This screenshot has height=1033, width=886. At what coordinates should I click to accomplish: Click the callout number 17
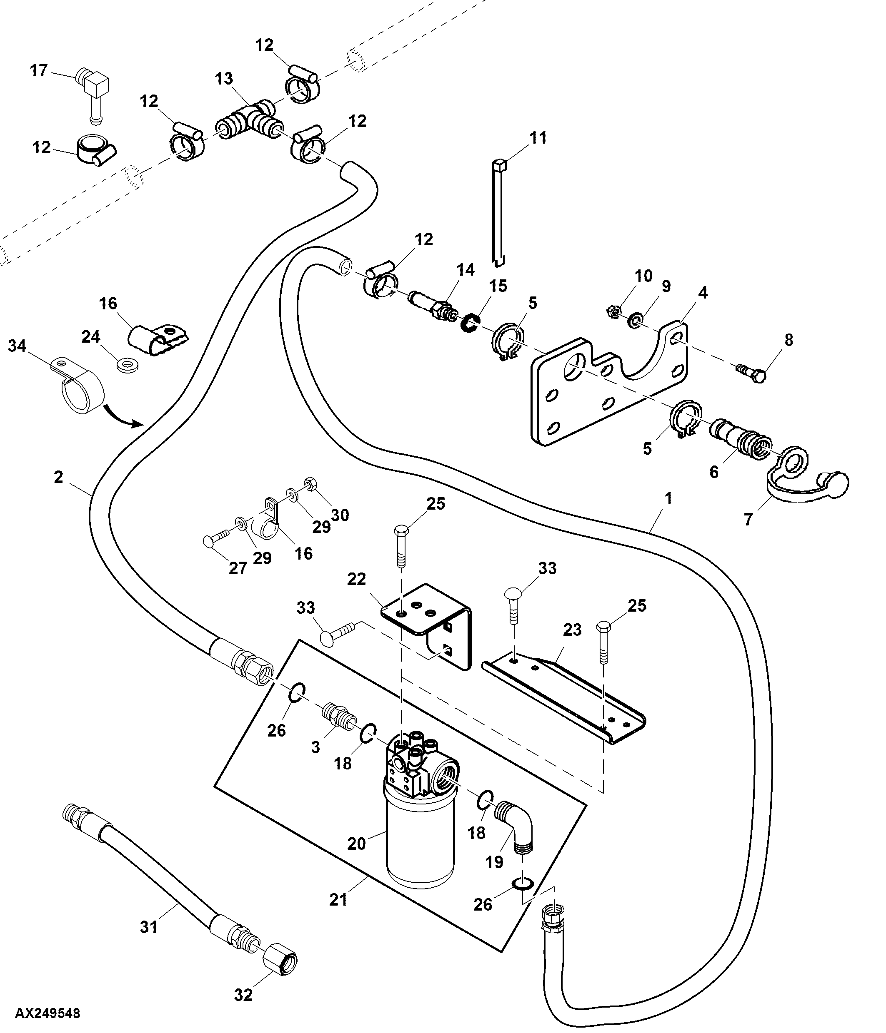pos(38,70)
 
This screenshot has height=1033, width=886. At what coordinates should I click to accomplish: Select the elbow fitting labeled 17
pos(92,93)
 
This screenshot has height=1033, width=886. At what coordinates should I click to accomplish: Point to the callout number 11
pos(538,137)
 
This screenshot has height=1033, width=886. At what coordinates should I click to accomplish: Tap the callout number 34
pos(17,346)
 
